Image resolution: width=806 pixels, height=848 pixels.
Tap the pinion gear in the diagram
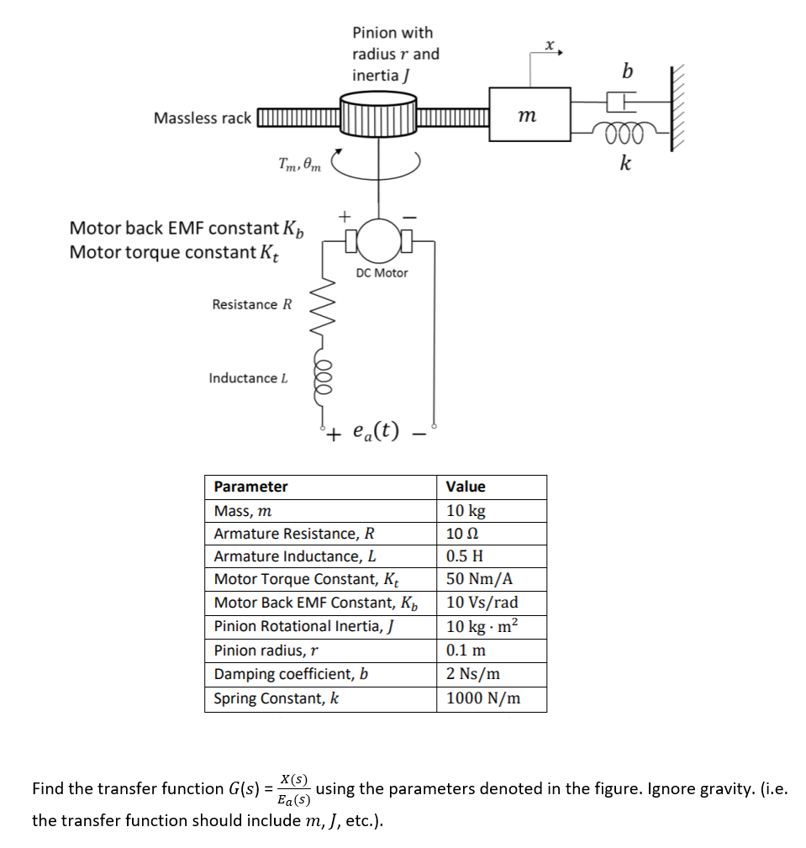(378, 117)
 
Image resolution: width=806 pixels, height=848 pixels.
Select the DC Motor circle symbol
(380, 242)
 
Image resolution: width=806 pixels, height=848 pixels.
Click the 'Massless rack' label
(202, 119)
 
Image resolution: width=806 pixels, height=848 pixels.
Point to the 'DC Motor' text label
(382, 273)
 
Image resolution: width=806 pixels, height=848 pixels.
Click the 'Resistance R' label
(251, 304)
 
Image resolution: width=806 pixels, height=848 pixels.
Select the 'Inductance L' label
(248, 378)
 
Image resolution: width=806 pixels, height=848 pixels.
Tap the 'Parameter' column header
(250, 487)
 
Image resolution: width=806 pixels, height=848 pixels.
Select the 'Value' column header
(466, 487)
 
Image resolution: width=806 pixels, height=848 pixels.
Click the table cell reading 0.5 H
(465, 556)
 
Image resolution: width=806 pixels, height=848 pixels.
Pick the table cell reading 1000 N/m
(482, 698)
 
